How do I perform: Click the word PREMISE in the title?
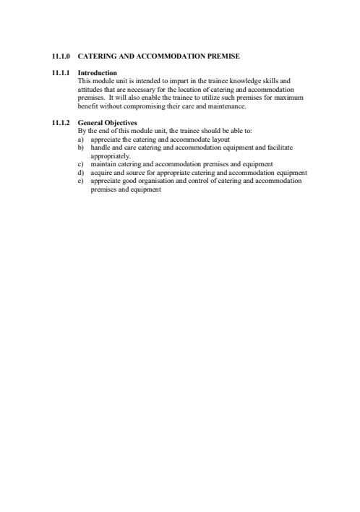tap(220, 56)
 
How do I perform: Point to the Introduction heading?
tap(97, 73)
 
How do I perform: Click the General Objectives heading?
tap(107, 123)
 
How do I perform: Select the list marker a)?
tap(81, 138)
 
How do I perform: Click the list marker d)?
tap(81, 173)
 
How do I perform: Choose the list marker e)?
tap(81, 181)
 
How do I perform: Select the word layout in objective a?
tap(219, 138)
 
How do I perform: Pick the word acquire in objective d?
tap(102, 173)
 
